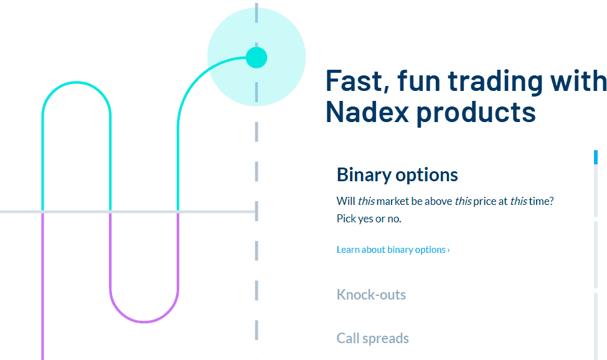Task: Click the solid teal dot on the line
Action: tap(256, 57)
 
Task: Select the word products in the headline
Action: tap(476, 113)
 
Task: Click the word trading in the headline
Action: tap(498, 81)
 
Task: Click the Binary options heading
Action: tap(397, 175)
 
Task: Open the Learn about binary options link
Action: tap(391, 250)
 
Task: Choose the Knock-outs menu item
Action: tap(371, 295)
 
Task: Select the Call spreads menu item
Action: tap(372, 339)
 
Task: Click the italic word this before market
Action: tap(365, 201)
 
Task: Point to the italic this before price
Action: tap(463, 201)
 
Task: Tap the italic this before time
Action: tap(519, 201)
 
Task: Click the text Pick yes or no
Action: tap(369, 219)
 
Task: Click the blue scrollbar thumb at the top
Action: tap(596, 157)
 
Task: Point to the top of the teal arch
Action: tap(76, 82)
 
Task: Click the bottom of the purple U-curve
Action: tap(144, 321)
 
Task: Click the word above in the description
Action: tap(438, 201)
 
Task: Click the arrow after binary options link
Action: tap(449, 250)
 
